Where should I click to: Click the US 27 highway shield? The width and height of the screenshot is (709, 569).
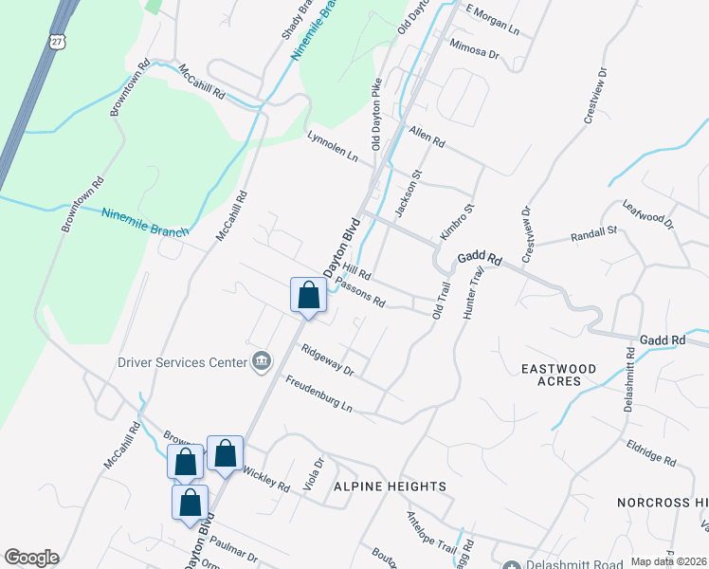[58, 41]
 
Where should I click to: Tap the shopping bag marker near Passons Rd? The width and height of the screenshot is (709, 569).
[308, 295]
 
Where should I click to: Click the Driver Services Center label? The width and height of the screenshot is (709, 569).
[180, 361]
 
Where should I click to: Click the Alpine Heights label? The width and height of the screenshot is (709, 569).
[390, 486]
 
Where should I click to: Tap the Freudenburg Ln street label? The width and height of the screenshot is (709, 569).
[318, 395]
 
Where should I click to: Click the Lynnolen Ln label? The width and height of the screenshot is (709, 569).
[333, 146]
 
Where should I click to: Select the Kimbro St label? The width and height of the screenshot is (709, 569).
[455, 221]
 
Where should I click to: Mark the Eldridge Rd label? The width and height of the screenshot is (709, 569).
[650, 453]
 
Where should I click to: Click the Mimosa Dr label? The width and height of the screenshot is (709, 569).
[474, 49]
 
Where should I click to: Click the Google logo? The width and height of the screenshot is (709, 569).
[31, 558]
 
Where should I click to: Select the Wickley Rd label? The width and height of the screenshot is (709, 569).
[266, 480]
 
